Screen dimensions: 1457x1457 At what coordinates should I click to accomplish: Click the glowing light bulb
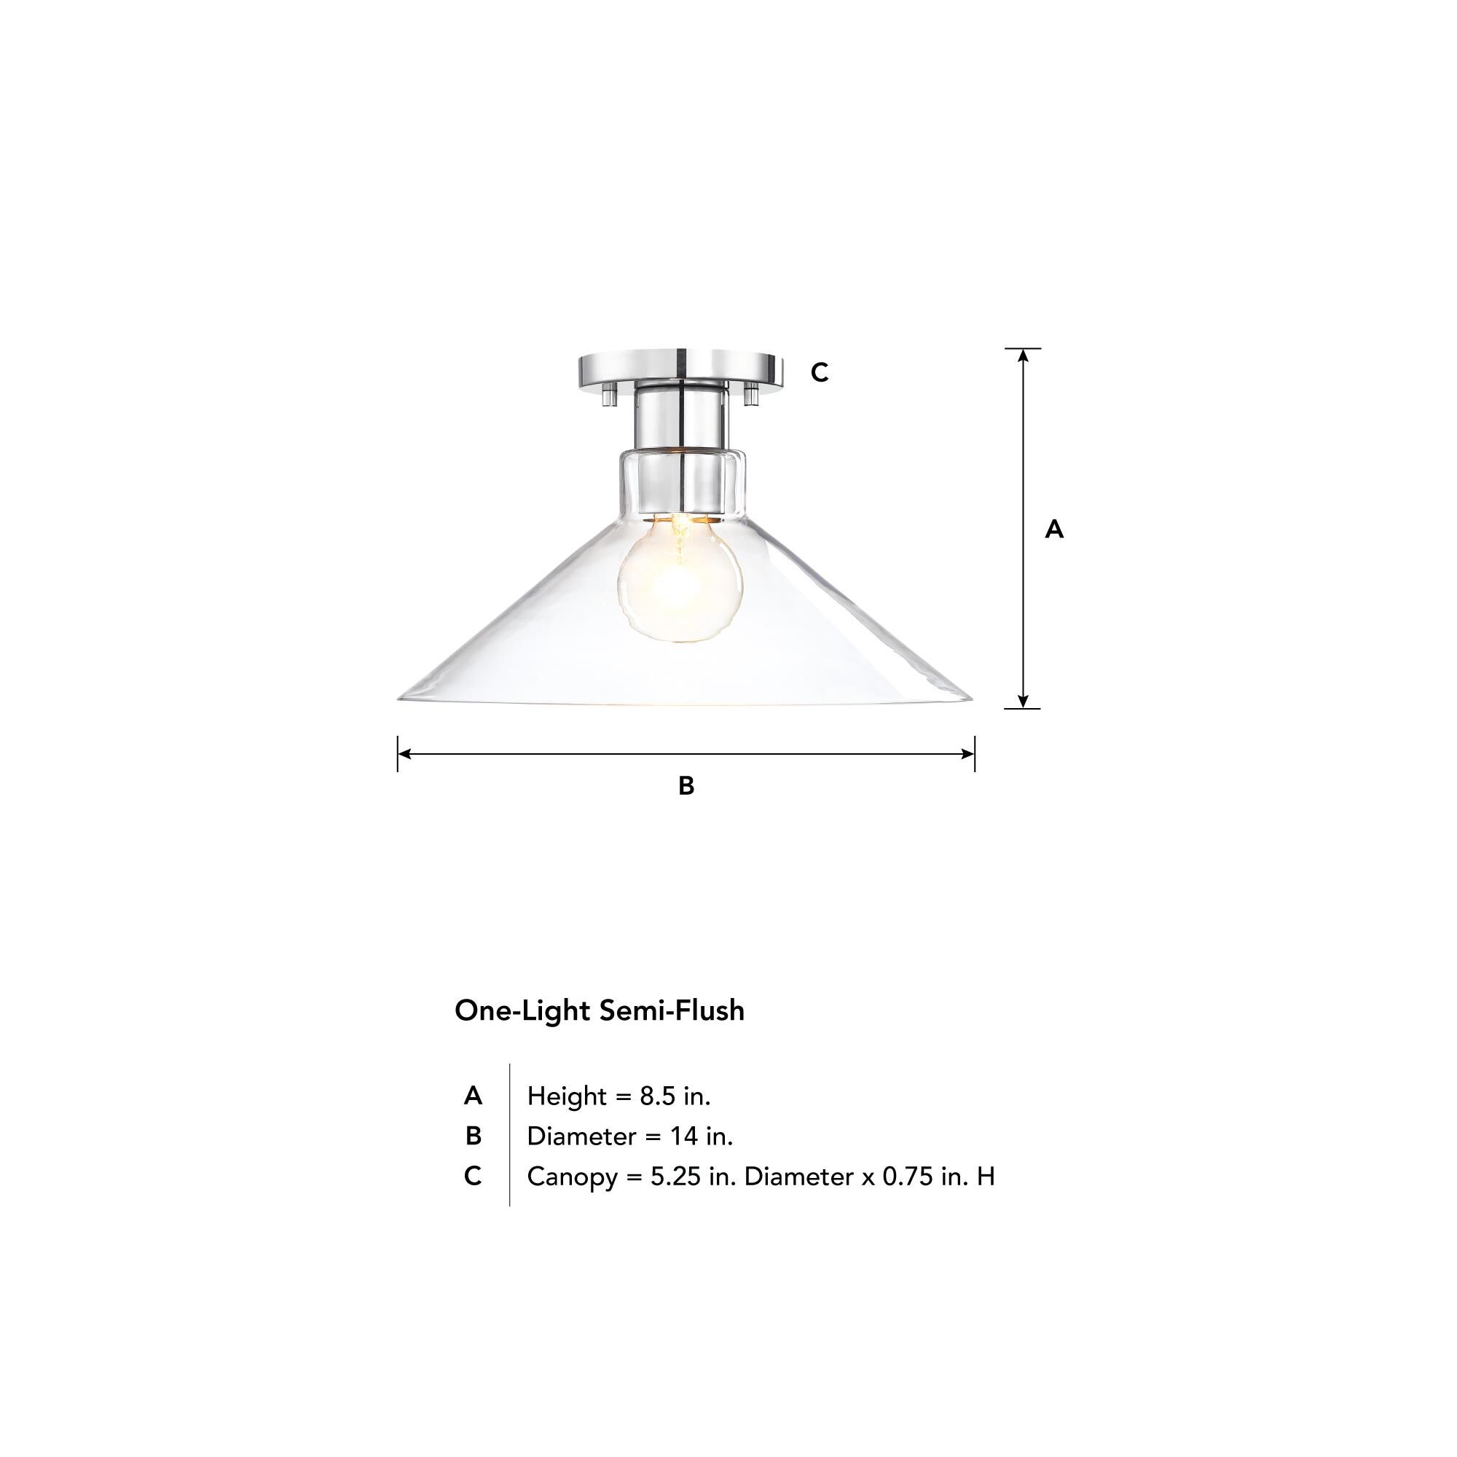[x=680, y=579]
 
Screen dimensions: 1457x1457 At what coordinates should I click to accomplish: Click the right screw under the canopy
[x=750, y=393]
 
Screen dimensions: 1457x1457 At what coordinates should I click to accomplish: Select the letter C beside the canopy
[x=819, y=372]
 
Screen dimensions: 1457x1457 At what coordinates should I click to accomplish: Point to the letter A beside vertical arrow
[x=1053, y=530]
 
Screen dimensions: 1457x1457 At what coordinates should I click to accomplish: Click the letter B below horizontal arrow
[x=686, y=786]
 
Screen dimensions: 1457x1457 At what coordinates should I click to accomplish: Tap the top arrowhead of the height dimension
[x=1023, y=355]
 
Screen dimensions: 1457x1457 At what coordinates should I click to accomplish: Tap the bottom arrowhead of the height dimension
[x=1023, y=702]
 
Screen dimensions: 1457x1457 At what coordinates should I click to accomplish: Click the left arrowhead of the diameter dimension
[x=404, y=753]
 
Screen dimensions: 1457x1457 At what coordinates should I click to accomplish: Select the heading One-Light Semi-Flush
[x=599, y=1010]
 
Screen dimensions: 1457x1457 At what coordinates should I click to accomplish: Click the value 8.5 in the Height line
[x=658, y=1096]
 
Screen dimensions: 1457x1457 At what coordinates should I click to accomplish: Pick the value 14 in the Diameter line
[x=684, y=1136]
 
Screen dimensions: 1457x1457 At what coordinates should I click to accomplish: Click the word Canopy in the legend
[x=572, y=1177]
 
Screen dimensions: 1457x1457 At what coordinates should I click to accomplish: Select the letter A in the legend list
[x=473, y=1096]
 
